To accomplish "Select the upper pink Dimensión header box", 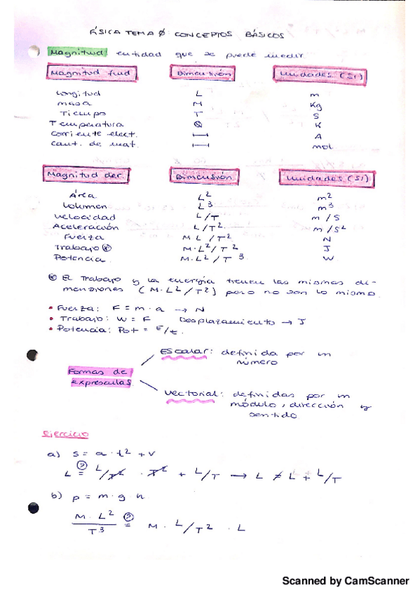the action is (x=201, y=73).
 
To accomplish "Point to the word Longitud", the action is (x=79, y=93).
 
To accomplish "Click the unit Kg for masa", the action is (x=316, y=106).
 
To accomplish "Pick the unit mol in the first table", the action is (x=320, y=146).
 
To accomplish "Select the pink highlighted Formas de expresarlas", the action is (x=100, y=377).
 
